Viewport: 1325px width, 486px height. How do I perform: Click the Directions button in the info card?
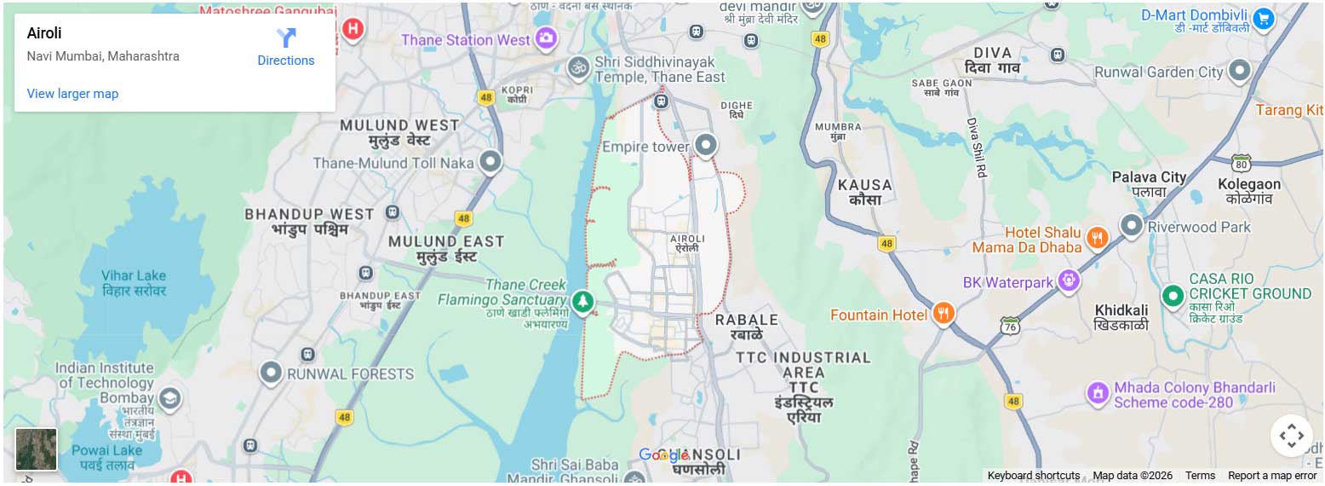point(285,48)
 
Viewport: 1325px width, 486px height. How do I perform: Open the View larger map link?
point(72,94)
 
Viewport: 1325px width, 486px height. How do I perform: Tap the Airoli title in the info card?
point(44,33)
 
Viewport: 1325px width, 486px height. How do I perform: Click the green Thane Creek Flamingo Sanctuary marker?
point(582,301)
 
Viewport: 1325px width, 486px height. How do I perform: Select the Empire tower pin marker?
point(705,145)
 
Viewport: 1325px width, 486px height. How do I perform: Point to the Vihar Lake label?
point(134,282)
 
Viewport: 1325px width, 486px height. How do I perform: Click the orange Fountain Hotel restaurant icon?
point(943,313)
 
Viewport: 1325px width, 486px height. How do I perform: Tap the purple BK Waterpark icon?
point(1070,280)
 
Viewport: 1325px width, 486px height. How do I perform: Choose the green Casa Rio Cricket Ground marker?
point(1173,295)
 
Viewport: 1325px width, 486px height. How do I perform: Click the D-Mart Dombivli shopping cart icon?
point(1263,17)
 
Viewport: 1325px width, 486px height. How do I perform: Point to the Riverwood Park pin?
point(1131,225)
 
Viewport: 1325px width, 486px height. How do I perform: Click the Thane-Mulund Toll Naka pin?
point(490,160)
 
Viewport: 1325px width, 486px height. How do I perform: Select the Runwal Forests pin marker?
point(271,372)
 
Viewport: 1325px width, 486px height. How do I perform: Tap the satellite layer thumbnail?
point(37,449)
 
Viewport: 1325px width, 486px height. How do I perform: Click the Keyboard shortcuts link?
point(1033,476)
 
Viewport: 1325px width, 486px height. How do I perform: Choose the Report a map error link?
point(1271,476)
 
